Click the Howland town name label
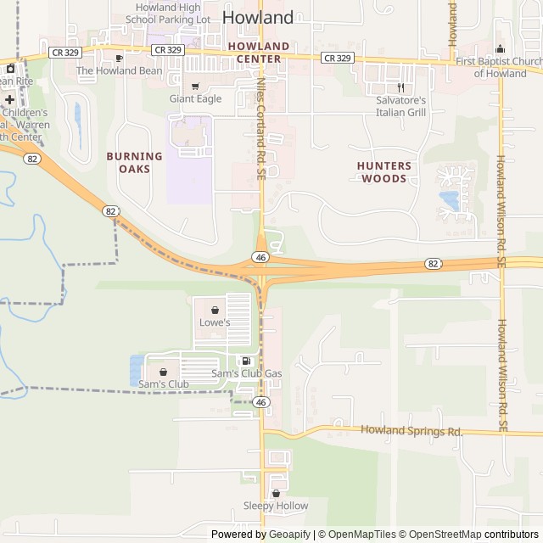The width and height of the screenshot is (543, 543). (258, 17)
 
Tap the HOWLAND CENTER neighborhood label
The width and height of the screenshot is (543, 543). (258, 52)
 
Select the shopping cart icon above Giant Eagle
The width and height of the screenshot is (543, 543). (196, 86)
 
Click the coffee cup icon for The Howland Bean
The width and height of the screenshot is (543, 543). (119, 58)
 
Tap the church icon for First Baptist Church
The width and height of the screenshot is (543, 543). (500, 48)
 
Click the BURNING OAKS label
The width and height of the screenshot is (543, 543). (134, 162)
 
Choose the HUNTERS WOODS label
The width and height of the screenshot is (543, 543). (384, 172)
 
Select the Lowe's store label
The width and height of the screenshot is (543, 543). (215, 322)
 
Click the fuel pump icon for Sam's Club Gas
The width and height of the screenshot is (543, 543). (246, 361)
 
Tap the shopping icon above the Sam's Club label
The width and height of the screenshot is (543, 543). (163, 372)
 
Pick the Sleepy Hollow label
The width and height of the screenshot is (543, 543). (276, 506)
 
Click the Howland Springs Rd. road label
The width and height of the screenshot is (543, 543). (411, 431)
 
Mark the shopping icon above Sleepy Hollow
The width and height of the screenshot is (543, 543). (276, 493)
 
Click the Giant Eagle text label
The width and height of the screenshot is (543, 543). (196, 98)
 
